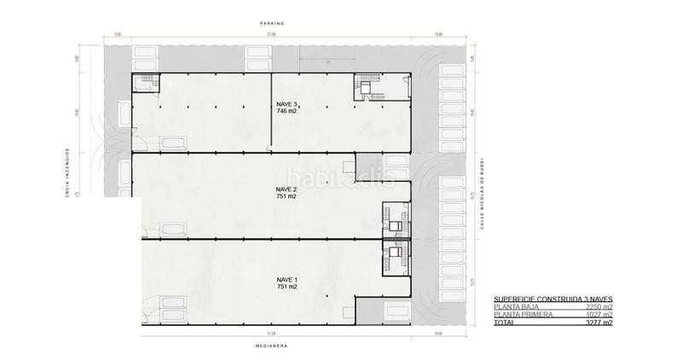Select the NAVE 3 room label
[x=286, y=103]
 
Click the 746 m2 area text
[x=286, y=111]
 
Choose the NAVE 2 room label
[x=286, y=189]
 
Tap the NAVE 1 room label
[x=286, y=279]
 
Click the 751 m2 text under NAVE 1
[x=286, y=287]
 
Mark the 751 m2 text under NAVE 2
[x=286, y=196]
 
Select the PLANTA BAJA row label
[x=517, y=307]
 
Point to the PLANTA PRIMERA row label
[x=521, y=316]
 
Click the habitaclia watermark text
[x=341, y=177]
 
